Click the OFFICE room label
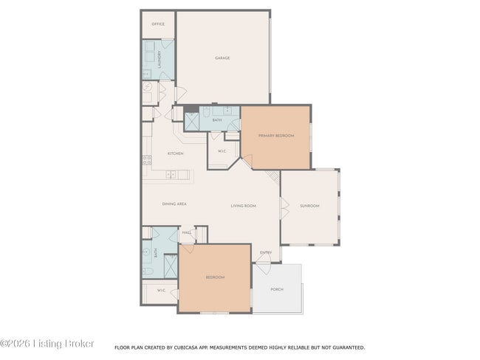(158, 24)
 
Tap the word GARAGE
(222, 58)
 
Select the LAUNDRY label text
(159, 59)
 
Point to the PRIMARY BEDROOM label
(275, 136)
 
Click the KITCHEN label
(175, 153)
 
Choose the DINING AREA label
(174, 204)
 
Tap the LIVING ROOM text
(243, 206)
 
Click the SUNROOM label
(309, 206)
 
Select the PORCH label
(277, 289)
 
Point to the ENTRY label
(266, 253)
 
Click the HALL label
(187, 232)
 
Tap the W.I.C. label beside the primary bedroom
(222, 153)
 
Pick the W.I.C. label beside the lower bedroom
(161, 291)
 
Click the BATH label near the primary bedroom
(217, 120)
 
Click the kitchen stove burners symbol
(147, 159)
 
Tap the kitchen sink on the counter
(171, 175)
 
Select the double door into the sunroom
(283, 207)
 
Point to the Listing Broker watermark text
(47, 344)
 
